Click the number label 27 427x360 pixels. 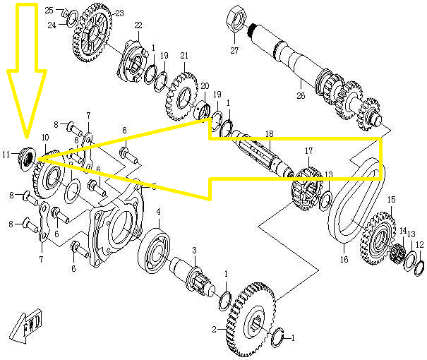point(235,50)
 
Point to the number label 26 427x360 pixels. point(301,95)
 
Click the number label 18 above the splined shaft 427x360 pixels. point(269,134)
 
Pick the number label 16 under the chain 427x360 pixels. point(344,260)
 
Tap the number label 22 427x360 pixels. point(138,25)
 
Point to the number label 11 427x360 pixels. point(6,154)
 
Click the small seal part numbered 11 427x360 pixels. point(29,153)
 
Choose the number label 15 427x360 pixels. point(392,200)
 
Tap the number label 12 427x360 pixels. point(419,245)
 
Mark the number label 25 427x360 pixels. point(49,11)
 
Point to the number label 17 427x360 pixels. point(308,150)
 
